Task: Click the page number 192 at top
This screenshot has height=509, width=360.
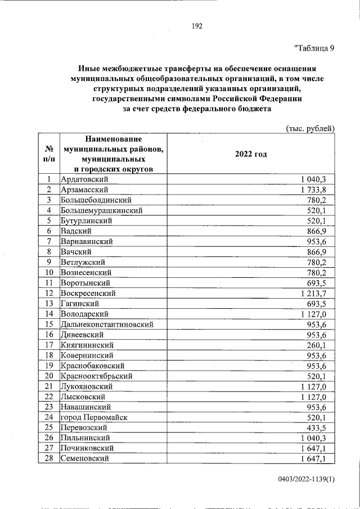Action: (x=197, y=26)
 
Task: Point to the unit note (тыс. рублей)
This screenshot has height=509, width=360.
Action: (x=310, y=128)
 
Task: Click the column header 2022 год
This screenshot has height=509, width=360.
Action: (x=251, y=154)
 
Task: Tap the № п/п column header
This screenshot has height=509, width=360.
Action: (x=48, y=154)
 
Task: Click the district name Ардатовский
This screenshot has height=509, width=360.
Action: (x=84, y=179)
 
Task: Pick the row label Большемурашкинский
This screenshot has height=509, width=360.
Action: (x=101, y=210)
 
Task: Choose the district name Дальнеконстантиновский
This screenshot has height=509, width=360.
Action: (x=106, y=324)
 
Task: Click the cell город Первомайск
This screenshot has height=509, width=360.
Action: (x=93, y=417)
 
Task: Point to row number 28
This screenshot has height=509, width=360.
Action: (x=49, y=458)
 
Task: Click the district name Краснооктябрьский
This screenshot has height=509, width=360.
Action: (x=96, y=376)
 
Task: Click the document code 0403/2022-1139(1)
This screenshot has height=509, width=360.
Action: (x=306, y=479)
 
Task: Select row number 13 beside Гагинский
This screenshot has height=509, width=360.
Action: (x=49, y=303)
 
